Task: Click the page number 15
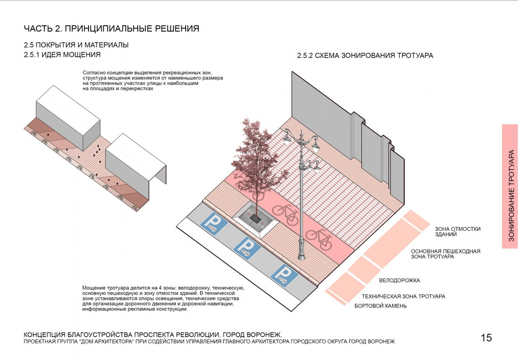(x=486, y=338)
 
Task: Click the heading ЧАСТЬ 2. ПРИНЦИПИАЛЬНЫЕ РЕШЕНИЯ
(x=112, y=29)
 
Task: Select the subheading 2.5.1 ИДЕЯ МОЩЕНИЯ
(x=62, y=54)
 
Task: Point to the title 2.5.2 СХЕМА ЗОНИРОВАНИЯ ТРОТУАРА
(x=365, y=56)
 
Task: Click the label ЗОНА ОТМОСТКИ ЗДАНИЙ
(x=457, y=232)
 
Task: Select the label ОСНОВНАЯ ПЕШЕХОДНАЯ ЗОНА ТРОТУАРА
(x=446, y=254)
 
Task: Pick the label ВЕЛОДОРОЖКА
(x=399, y=280)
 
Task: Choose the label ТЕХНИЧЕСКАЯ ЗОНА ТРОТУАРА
(x=403, y=297)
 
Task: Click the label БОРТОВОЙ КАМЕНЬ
(x=380, y=306)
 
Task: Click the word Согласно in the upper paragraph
(x=95, y=72)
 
